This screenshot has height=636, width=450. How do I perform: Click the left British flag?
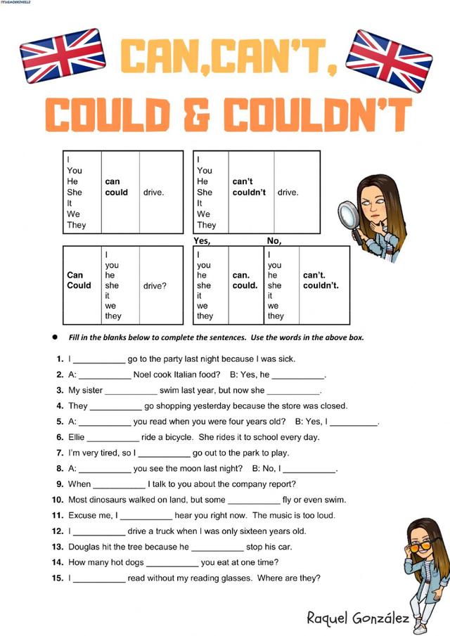tap(63, 56)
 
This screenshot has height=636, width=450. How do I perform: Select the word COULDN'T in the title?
tap(319, 115)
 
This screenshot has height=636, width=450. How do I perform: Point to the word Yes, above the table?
tap(202, 240)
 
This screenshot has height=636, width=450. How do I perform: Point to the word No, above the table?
tap(274, 240)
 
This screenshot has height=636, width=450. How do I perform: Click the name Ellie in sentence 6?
tap(77, 437)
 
